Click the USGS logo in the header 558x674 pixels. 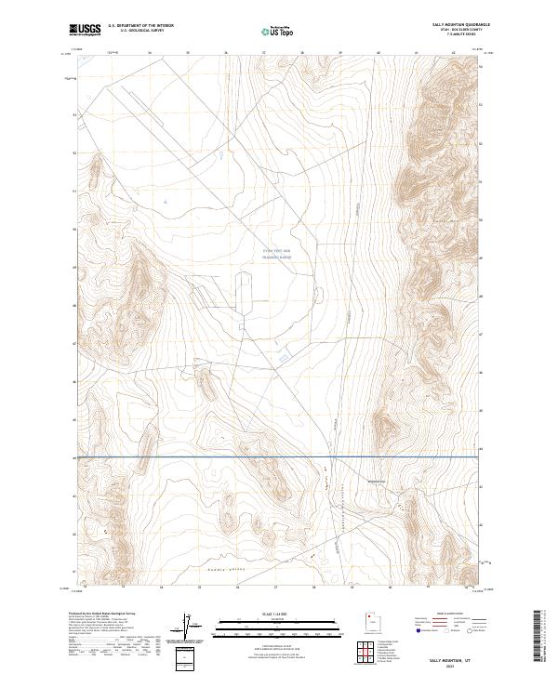86,30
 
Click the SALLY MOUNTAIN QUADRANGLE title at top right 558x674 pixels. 460,25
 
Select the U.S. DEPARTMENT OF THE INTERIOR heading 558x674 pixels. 140,26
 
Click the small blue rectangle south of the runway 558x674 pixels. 283,357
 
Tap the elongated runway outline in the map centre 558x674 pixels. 245,297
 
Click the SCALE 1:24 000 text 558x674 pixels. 278,612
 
